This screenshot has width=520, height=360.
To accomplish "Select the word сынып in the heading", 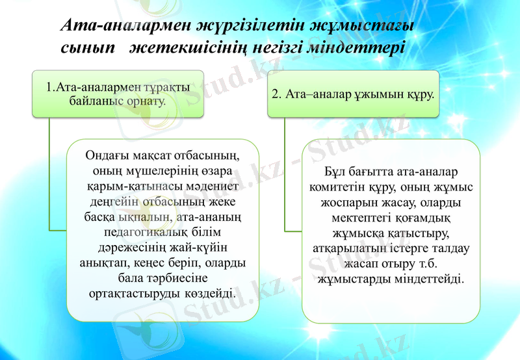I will tap(85, 47).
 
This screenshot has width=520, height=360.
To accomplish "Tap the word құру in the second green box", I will tap(419, 94).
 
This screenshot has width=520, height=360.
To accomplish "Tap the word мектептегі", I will tap(362, 218).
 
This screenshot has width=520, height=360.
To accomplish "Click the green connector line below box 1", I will tap(50, 175).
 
